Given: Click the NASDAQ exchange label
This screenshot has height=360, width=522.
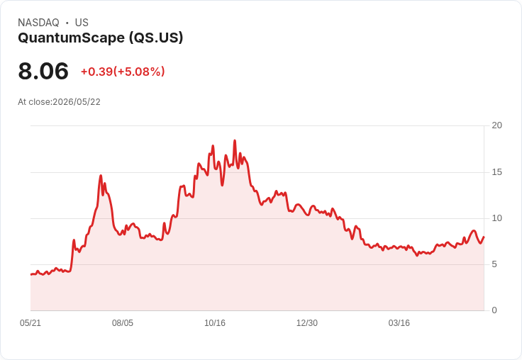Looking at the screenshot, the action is click(38, 23).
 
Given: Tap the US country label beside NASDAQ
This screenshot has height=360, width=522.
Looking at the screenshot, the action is click(82, 23).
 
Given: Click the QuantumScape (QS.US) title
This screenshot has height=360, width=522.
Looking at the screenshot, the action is click(101, 38).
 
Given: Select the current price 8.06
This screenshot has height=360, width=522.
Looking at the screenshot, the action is click(43, 71).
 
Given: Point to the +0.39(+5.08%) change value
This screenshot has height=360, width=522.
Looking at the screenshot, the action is click(123, 72).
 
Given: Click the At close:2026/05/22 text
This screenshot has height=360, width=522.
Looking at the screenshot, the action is click(60, 102).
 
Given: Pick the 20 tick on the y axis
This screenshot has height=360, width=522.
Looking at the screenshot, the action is click(496, 125).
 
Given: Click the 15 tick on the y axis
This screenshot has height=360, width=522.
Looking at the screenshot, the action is click(496, 172).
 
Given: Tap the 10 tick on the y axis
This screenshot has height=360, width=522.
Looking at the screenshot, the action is click(496, 218).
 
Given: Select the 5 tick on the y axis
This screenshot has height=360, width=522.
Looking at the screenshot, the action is click(494, 264).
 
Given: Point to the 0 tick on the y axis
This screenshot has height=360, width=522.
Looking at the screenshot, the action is click(494, 310).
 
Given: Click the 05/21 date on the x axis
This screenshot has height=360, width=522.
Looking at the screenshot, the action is click(30, 323).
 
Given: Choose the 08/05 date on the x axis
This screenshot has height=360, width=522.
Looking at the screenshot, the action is click(123, 323).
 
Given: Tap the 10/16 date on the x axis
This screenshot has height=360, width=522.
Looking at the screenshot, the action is click(215, 323).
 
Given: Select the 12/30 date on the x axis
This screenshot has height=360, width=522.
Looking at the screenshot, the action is click(307, 323).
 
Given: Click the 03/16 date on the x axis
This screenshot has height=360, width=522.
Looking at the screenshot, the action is click(399, 323).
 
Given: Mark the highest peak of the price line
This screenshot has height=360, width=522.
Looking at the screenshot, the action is click(235, 141).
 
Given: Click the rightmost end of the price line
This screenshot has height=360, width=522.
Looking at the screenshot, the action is click(484, 237).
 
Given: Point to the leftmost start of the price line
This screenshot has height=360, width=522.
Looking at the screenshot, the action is click(31, 274).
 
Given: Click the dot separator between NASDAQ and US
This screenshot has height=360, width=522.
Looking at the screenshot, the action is click(67, 23).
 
